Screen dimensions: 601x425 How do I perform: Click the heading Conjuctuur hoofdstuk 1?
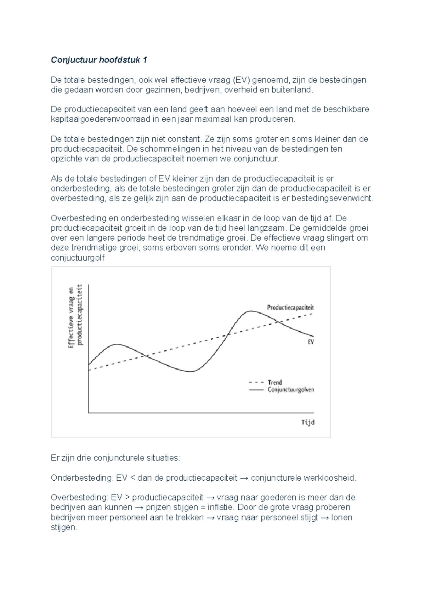[x=99, y=60]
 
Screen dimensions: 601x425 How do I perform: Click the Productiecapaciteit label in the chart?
[x=290, y=308]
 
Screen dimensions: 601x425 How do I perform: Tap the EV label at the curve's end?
[x=311, y=342]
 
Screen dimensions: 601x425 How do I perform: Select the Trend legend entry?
[x=274, y=382]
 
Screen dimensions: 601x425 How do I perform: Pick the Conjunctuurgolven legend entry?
[x=290, y=390]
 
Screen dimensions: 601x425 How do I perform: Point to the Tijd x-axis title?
[x=307, y=422]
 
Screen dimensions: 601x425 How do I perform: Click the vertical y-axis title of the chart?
[x=75, y=317]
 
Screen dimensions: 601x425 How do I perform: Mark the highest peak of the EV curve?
[x=251, y=311]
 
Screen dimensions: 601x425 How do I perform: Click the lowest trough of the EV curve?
[x=191, y=371]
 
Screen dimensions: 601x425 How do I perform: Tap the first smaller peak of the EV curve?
[x=116, y=344]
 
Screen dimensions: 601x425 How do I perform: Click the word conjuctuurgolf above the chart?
[x=78, y=258]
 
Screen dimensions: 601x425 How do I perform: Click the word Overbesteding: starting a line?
[x=80, y=497]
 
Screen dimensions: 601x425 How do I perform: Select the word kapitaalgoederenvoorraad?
[x=101, y=119]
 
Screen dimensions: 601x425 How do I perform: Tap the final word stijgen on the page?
[x=64, y=527]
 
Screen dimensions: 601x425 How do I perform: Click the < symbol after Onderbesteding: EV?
[x=133, y=478]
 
